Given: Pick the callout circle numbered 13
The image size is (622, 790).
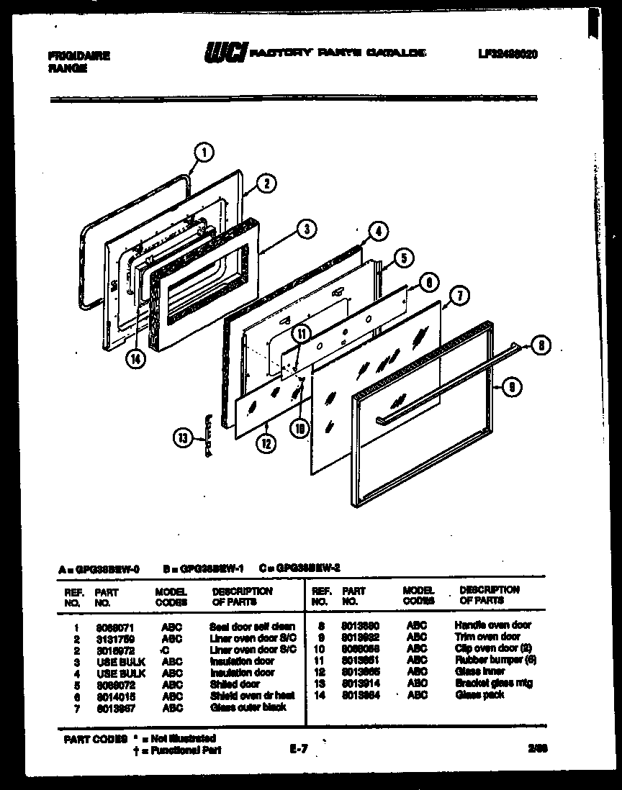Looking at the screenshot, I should tap(184, 437).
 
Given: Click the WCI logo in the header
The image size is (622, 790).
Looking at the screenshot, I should tap(226, 53).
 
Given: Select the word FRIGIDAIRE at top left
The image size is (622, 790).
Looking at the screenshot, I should tap(78, 55).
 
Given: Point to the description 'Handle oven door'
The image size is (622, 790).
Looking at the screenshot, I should tap(493, 625).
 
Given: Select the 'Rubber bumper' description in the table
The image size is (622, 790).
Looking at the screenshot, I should tap(495, 660).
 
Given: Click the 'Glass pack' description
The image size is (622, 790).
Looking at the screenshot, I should tap(479, 694).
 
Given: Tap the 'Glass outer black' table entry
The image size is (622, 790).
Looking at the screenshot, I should tap(248, 707).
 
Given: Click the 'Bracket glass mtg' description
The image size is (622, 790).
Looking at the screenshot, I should tap(493, 683).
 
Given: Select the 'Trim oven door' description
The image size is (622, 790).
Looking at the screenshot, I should tap(487, 637).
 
